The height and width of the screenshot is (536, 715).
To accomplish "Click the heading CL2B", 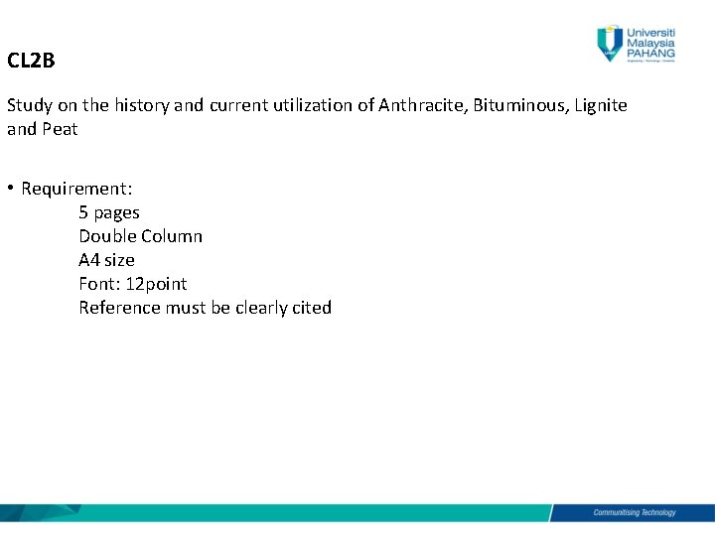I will [31, 62].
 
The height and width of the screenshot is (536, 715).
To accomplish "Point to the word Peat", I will [60, 129].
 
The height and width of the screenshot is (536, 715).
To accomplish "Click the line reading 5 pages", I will [109, 212].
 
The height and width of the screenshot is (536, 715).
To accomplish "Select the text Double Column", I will [140, 236].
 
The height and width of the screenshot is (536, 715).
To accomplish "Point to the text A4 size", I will [106, 260].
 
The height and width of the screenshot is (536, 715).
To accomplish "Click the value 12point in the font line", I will [156, 284].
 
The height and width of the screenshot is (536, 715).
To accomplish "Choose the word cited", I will [311, 308].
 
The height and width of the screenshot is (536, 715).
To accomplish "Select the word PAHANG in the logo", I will [650, 53].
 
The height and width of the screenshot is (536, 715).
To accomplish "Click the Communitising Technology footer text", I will [634, 513].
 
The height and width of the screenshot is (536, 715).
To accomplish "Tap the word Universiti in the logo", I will [650, 31].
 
